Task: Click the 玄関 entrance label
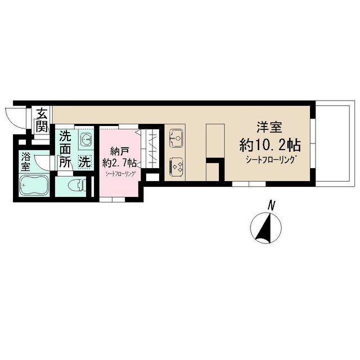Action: coord(42,120)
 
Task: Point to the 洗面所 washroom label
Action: coord(65,149)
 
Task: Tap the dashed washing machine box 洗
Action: coord(85,162)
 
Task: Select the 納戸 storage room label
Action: coord(119,152)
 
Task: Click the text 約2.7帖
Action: coord(119,163)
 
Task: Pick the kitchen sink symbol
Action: coord(176,139)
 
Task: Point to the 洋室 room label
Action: coord(269,127)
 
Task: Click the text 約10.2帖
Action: coord(270,145)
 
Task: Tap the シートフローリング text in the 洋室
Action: coord(270,160)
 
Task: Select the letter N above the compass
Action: coord(272,205)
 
